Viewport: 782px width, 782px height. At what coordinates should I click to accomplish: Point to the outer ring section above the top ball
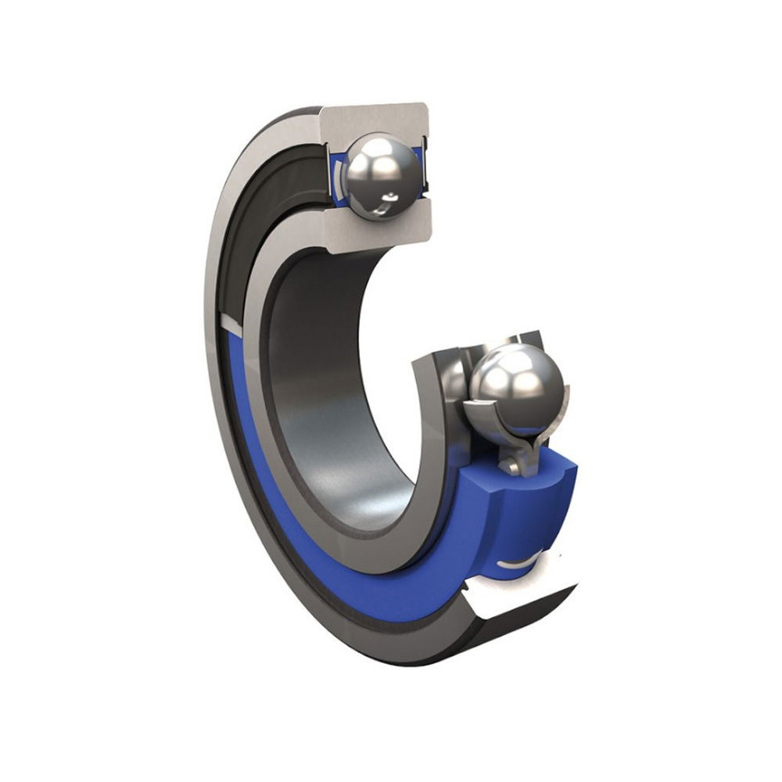pyautogui.click(x=375, y=117)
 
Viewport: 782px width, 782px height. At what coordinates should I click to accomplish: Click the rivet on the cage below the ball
pyautogui.click(x=512, y=466)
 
